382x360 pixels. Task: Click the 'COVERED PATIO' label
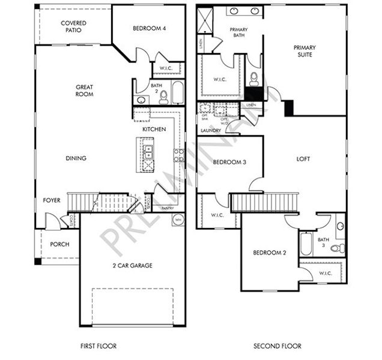click(74, 26)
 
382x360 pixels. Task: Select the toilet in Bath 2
click(163, 94)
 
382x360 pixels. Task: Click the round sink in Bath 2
click(141, 100)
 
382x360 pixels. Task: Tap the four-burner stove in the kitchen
click(178, 155)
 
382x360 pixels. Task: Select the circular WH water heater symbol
click(178, 220)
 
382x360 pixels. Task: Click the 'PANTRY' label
click(168, 208)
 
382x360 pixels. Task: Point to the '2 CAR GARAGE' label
click(132, 265)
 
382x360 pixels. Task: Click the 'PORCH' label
click(59, 244)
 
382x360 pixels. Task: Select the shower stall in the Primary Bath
click(205, 19)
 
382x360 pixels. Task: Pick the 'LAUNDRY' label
click(211, 130)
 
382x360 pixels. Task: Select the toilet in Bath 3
click(341, 248)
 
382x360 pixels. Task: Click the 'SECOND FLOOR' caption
click(277, 346)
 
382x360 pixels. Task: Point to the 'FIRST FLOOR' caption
click(98, 346)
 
